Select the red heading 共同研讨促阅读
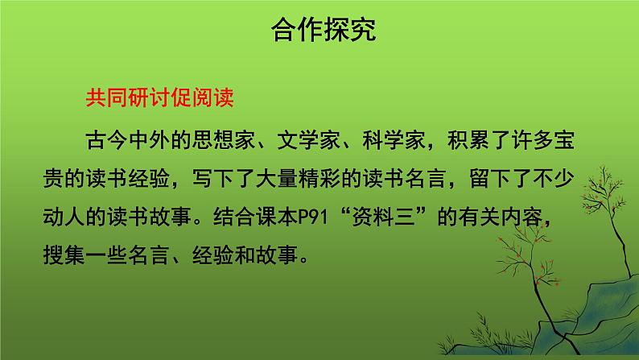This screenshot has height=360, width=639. click(159, 97)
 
